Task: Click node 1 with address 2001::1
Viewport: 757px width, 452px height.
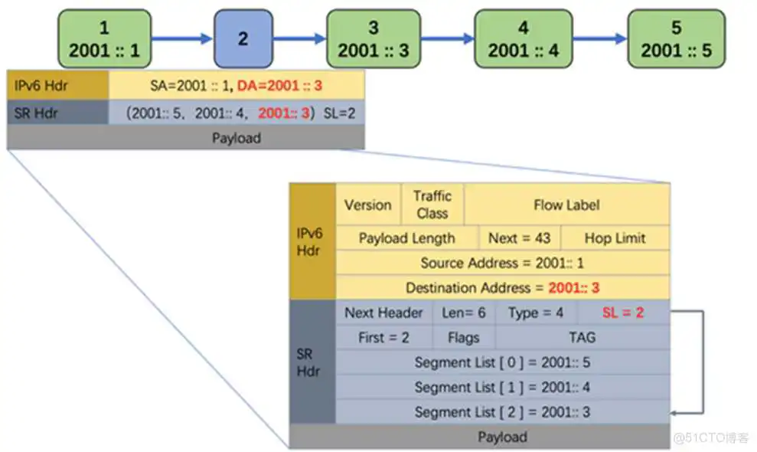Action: click(104, 39)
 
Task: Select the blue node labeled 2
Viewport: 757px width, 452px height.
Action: click(243, 39)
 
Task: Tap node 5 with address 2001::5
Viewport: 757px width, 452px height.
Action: click(676, 39)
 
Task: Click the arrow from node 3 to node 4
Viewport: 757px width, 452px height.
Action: click(447, 38)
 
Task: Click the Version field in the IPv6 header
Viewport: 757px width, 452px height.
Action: click(367, 205)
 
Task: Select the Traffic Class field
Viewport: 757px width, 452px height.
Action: click(432, 205)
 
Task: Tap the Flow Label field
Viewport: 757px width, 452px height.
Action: click(566, 205)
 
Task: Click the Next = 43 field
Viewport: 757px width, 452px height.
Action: click(520, 238)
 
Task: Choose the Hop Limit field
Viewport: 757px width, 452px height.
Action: click(615, 238)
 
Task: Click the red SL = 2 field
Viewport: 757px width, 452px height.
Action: click(623, 313)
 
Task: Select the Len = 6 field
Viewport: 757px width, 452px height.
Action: click(464, 313)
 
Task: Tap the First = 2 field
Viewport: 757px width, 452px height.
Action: click(383, 337)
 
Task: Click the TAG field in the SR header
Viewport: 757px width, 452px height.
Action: click(582, 337)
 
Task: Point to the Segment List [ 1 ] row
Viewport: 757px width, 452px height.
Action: click(502, 387)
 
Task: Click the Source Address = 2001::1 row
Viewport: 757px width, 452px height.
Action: click(502, 263)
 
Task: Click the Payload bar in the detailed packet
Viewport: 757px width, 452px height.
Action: click(502, 437)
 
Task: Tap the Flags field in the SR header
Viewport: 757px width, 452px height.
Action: click(464, 337)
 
